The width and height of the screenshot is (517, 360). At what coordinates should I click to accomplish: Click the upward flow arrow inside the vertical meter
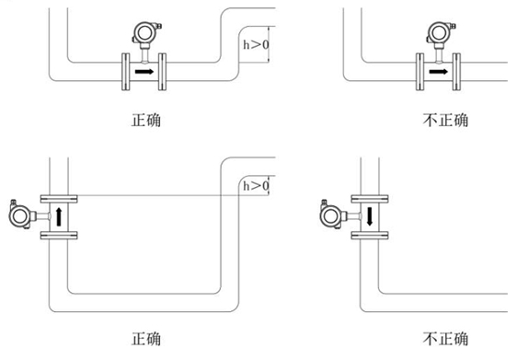pyautogui.click(x=60, y=217)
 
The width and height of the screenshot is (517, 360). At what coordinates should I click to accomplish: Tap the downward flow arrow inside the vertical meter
pyautogui.click(x=370, y=217)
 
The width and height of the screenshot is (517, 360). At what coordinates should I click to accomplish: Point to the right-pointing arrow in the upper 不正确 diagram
pyautogui.click(x=439, y=70)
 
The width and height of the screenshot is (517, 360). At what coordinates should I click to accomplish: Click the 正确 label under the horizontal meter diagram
pyautogui.click(x=146, y=120)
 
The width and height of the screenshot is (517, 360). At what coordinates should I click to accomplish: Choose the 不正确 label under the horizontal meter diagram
pyautogui.click(x=442, y=120)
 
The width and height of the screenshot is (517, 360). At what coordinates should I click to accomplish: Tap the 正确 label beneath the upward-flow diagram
pyautogui.click(x=146, y=337)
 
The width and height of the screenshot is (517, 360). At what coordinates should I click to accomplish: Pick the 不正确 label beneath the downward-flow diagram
pyautogui.click(x=442, y=337)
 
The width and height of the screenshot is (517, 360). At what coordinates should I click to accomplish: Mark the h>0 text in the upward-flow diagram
pyautogui.click(x=255, y=186)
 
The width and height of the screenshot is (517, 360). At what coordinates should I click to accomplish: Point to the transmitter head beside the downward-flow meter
pyautogui.click(x=331, y=215)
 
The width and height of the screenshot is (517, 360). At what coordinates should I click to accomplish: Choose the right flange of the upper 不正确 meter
pyautogui.click(x=459, y=71)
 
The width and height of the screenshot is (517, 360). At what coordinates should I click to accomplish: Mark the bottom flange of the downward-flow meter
pyautogui.click(x=369, y=237)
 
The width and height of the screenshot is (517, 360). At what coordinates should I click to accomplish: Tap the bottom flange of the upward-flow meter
pyautogui.click(x=60, y=237)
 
